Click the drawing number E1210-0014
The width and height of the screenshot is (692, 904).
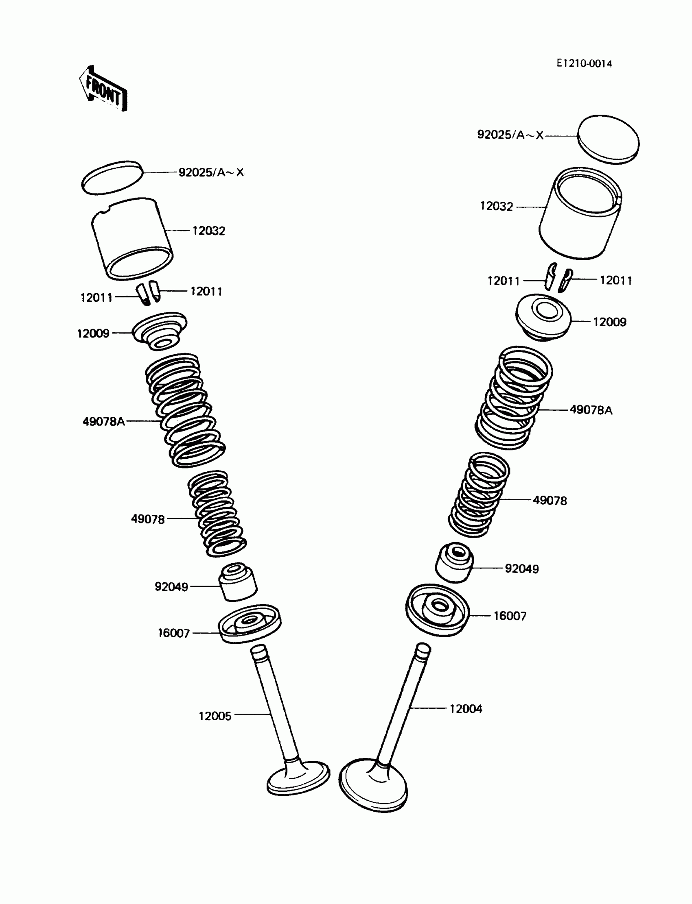pyautogui.click(x=584, y=63)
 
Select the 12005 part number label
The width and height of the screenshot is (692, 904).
pyautogui.click(x=215, y=717)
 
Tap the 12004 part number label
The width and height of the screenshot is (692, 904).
pyautogui.click(x=465, y=709)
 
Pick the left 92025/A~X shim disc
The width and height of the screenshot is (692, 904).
pyautogui.click(x=112, y=177)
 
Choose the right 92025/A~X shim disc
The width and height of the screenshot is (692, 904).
pyautogui.click(x=608, y=139)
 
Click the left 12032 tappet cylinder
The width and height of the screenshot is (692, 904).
pyautogui.click(x=132, y=239)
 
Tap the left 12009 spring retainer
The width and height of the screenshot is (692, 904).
pyautogui.click(x=160, y=331)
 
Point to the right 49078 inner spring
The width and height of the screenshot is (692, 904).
pyautogui.click(x=479, y=495)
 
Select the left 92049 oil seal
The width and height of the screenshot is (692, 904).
pyautogui.click(x=238, y=582)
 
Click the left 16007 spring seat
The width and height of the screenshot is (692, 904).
pyautogui.click(x=249, y=623)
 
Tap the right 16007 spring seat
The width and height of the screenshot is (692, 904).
pyautogui.click(x=438, y=610)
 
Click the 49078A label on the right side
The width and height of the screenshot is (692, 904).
pyautogui.click(x=591, y=410)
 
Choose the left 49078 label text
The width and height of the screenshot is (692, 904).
pyautogui.click(x=148, y=519)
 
